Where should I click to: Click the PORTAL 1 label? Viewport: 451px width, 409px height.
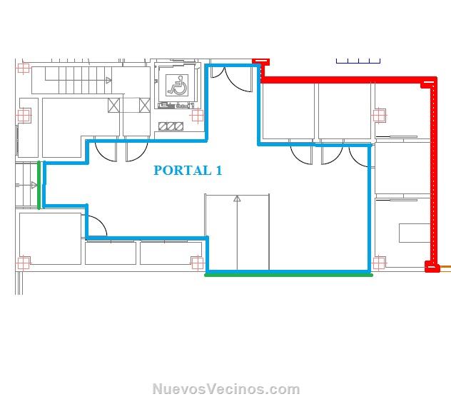(x=188, y=171)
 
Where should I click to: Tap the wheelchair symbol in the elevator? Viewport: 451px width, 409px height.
(x=177, y=86)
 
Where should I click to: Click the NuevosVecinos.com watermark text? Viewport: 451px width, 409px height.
(x=226, y=389)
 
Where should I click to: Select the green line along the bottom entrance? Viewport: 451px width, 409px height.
(x=288, y=275)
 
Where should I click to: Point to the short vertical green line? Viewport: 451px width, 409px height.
(x=39, y=186)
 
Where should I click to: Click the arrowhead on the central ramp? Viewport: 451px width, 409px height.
(x=237, y=198)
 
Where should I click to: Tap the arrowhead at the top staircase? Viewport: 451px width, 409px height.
(x=108, y=80)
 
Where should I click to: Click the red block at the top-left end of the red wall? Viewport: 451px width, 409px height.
(x=261, y=61)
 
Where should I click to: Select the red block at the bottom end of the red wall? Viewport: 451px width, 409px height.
(x=432, y=266)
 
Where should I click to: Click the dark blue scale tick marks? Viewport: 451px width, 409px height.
(x=358, y=61)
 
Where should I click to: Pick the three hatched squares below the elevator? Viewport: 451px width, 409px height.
(x=171, y=126)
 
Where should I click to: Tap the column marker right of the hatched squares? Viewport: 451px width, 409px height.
(x=197, y=116)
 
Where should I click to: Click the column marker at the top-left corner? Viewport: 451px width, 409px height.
(x=23, y=69)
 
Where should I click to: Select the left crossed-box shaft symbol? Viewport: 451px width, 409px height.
(x=114, y=105)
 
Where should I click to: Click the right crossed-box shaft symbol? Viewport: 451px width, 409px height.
(x=144, y=105)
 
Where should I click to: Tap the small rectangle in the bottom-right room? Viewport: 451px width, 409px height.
(x=415, y=233)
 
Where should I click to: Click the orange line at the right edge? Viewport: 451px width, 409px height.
(x=445, y=267)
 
